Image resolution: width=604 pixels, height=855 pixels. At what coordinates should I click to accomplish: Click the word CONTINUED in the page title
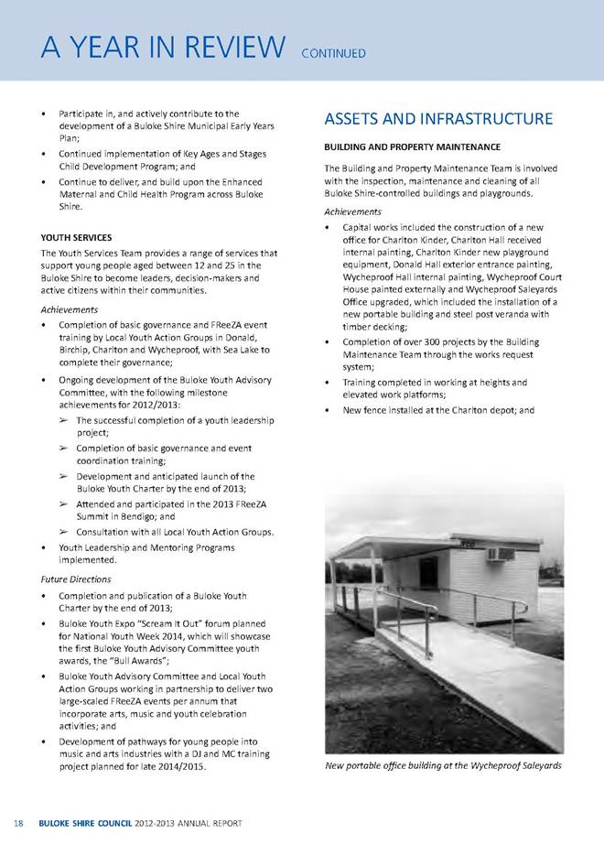(334, 53)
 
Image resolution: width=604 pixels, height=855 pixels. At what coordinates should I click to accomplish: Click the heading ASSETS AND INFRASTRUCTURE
(438, 118)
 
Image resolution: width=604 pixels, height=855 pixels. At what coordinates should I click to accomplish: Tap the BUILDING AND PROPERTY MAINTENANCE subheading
(412, 146)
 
